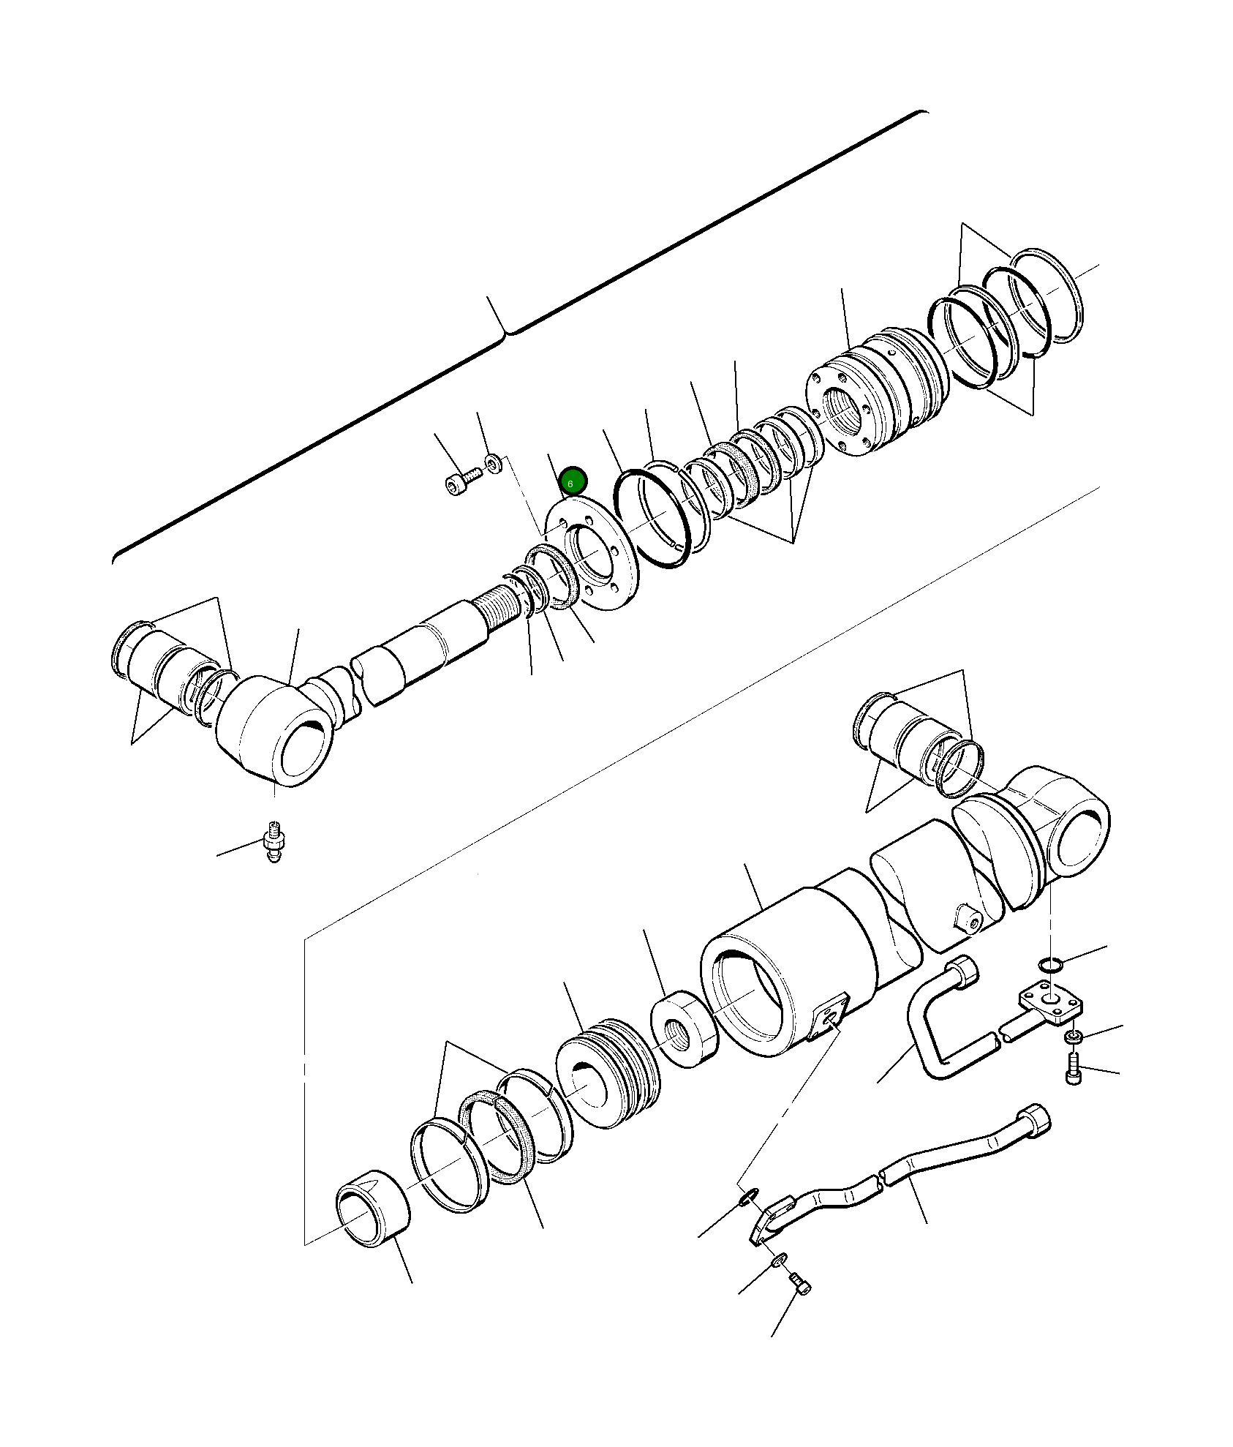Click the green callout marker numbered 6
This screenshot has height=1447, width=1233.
pyautogui.click(x=572, y=481)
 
